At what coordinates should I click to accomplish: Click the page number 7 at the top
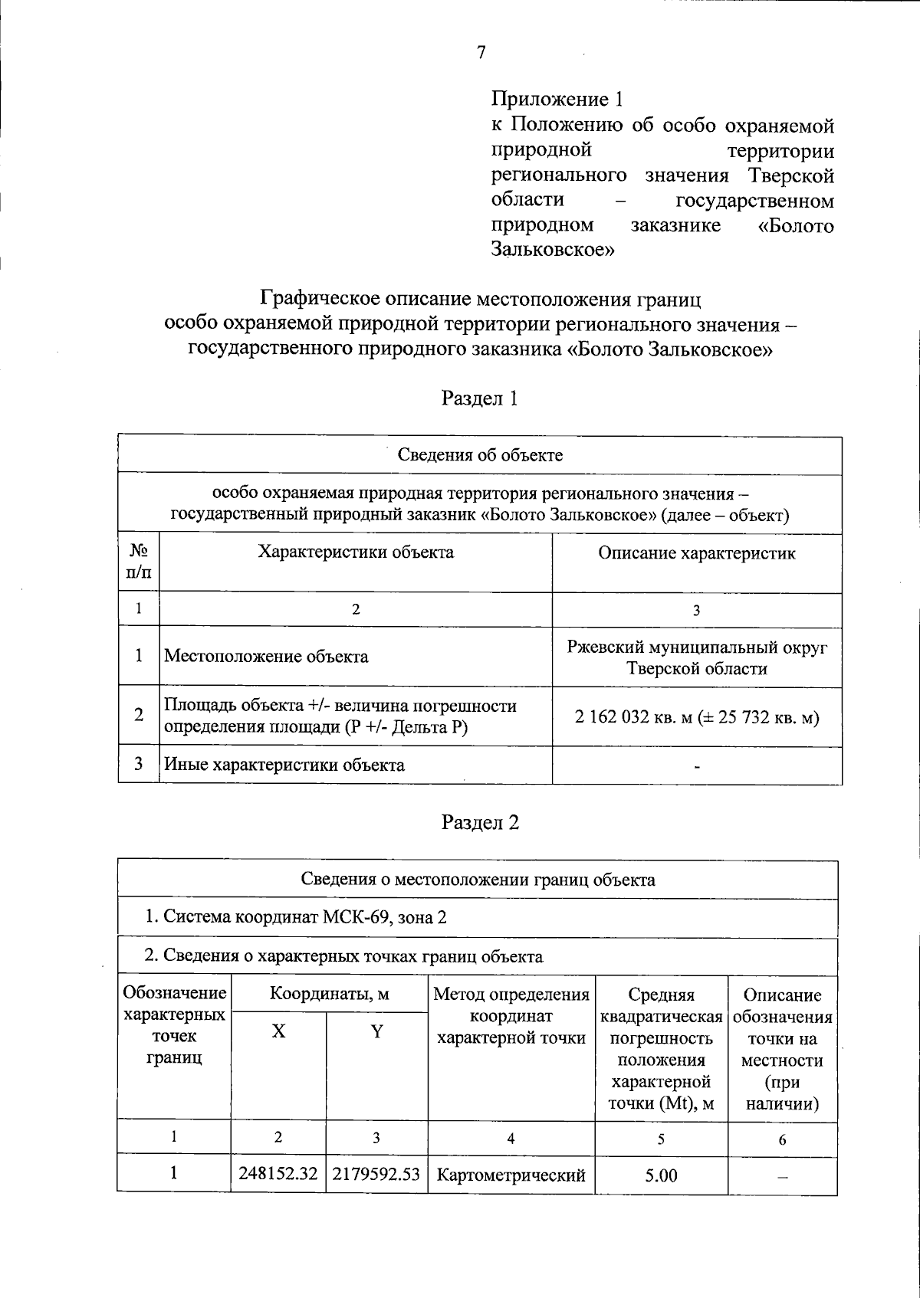tap(481, 53)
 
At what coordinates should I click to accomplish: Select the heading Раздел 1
tap(480, 398)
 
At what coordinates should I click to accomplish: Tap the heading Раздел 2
tap(480, 822)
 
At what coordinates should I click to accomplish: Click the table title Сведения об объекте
tap(480, 455)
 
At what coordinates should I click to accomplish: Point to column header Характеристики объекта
tap(356, 552)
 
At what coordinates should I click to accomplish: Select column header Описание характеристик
tap(696, 553)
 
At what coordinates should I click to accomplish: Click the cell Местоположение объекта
tap(266, 657)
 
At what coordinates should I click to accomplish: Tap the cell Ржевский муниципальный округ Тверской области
tap(697, 657)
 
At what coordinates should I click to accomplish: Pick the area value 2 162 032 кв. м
tap(633, 718)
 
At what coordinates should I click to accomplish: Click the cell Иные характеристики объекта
tap(284, 765)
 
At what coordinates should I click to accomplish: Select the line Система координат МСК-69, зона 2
tap(296, 917)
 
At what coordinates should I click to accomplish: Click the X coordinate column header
tap(278, 1031)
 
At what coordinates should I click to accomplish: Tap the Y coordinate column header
tap(376, 1031)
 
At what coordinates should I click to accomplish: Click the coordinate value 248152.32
tap(278, 1174)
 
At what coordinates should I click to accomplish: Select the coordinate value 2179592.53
tap(376, 1174)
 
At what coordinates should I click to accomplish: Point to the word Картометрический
tap(511, 1175)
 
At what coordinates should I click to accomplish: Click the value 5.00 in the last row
tap(661, 1175)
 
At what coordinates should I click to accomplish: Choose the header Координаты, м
tap(329, 995)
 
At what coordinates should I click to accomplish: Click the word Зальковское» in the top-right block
tap(553, 250)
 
